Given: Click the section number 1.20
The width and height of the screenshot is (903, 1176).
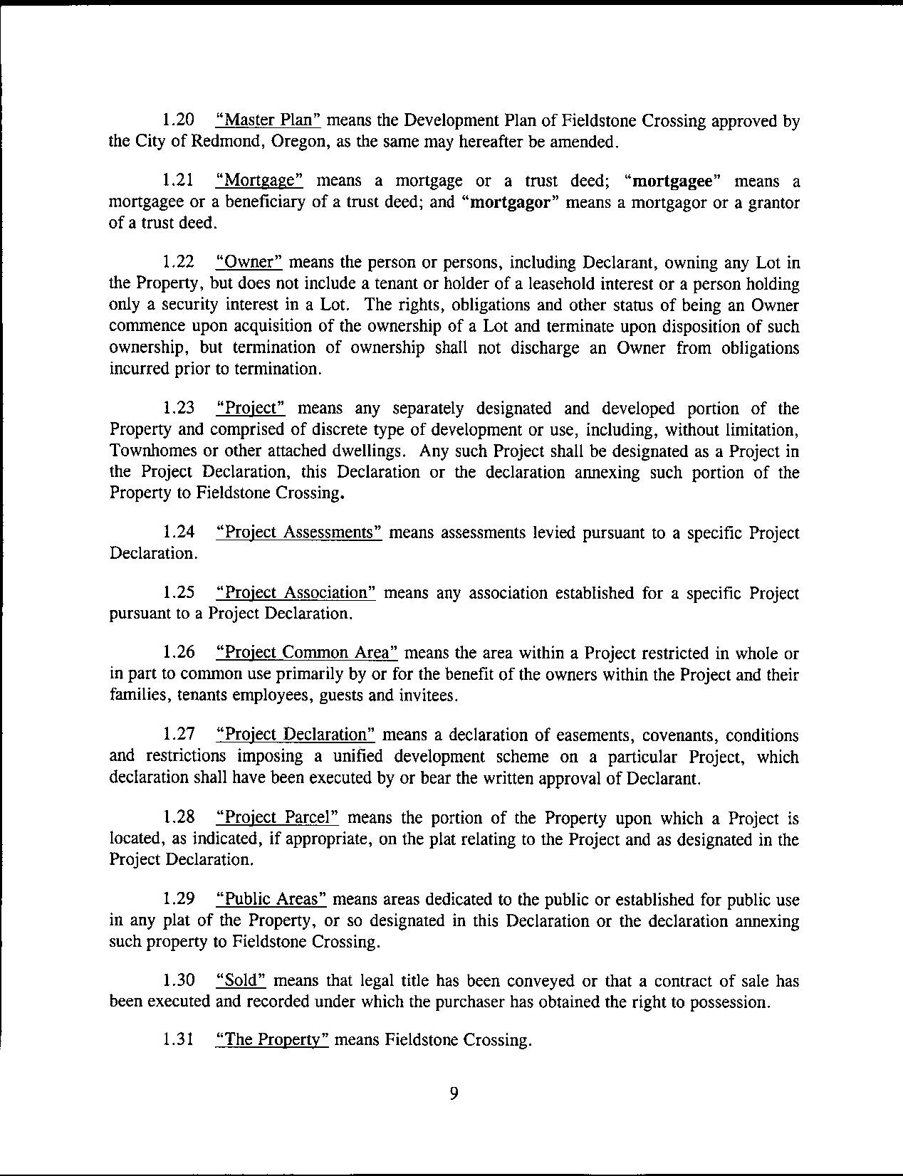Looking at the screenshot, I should [x=179, y=121].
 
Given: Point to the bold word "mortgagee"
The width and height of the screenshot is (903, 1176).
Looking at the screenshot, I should [x=674, y=181].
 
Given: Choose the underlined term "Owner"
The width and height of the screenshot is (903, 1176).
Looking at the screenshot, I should [x=249, y=263].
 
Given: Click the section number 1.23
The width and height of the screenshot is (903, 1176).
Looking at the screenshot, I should [x=179, y=409].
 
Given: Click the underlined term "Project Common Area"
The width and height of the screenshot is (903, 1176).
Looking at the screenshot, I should [x=306, y=653].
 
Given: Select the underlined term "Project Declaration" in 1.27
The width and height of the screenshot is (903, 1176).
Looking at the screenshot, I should [x=295, y=735].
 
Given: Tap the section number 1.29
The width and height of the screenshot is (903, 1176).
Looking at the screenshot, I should [x=179, y=900].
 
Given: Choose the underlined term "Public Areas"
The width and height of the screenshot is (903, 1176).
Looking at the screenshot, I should [x=271, y=900].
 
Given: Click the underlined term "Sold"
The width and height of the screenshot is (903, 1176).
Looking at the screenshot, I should [x=241, y=981].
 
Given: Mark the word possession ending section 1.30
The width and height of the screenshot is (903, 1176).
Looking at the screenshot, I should [x=731, y=1002].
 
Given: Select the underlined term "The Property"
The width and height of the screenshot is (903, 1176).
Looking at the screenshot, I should [x=271, y=1041].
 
